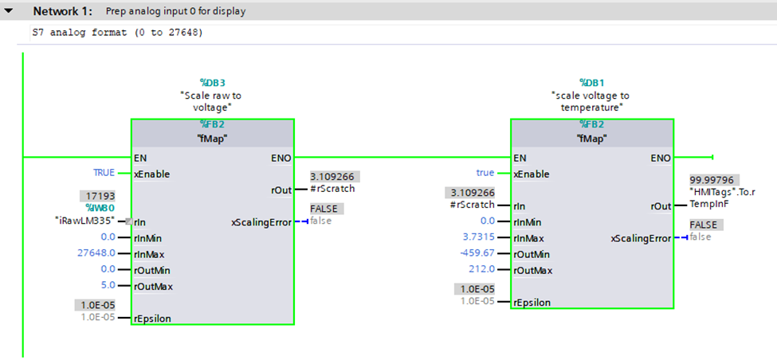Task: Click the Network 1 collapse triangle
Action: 10,11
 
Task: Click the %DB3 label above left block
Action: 212,82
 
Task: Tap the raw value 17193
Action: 97,195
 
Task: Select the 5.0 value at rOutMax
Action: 108,285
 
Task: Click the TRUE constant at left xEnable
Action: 104,173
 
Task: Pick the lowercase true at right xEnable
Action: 485,173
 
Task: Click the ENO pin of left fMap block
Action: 281,158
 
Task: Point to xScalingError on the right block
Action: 641,238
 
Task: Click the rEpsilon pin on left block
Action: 153,318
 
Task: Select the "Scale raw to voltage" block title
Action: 212,101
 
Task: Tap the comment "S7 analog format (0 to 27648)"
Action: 117,33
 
